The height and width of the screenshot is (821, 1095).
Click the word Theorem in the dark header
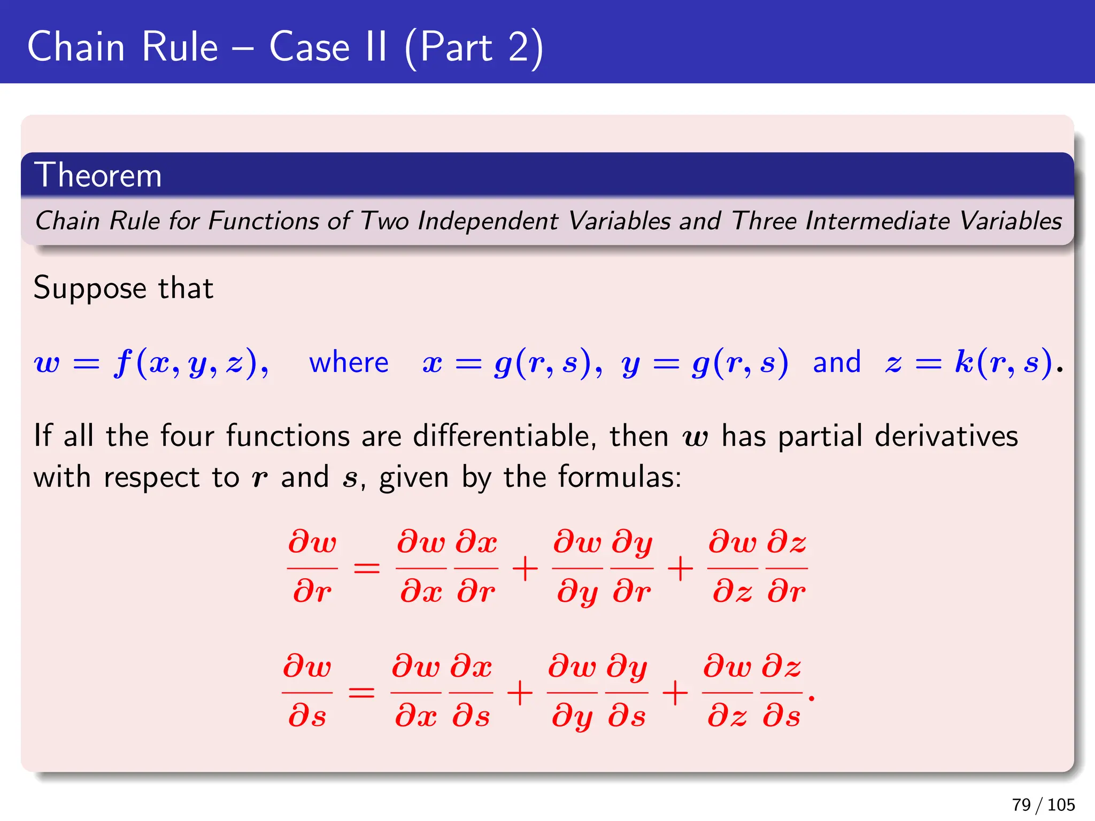[98, 175]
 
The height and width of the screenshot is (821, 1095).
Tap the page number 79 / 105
[1043, 804]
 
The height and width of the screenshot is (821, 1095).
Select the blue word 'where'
[349, 362]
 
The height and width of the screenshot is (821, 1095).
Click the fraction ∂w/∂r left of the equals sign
[312, 568]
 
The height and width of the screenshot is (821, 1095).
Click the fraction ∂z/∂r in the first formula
[786, 568]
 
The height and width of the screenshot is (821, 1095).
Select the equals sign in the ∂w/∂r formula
[367, 568]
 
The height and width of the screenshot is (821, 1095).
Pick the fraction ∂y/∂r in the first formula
[632, 568]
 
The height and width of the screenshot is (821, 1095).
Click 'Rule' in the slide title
[180, 47]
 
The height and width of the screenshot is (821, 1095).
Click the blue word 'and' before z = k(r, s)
[837, 362]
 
